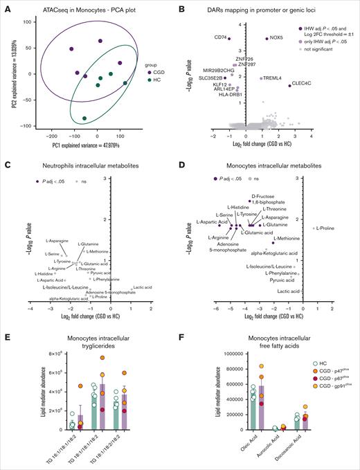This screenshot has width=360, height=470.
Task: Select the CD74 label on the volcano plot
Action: point(222,37)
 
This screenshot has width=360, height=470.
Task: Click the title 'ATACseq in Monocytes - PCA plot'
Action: point(87,7)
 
